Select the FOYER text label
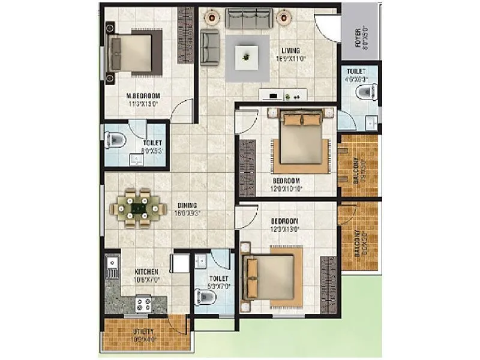[x=358, y=37]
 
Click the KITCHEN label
[x=146, y=272]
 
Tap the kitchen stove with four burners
[x=144, y=304]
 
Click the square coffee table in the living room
[x=246, y=57]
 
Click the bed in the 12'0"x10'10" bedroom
[x=298, y=141]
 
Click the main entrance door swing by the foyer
[x=328, y=27]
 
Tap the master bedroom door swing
[x=183, y=112]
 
